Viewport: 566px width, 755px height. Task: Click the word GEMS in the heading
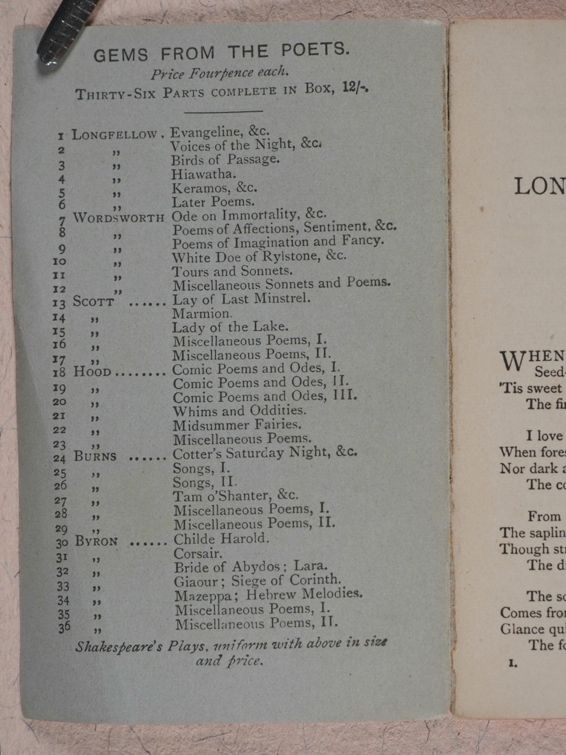click(x=121, y=55)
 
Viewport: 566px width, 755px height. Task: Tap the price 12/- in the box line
click(x=355, y=88)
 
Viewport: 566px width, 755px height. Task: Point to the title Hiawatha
click(x=203, y=174)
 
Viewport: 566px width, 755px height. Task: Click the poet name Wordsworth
click(x=119, y=218)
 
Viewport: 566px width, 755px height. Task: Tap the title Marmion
click(x=201, y=314)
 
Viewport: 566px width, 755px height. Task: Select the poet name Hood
click(x=92, y=372)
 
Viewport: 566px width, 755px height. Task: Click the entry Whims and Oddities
click(x=239, y=411)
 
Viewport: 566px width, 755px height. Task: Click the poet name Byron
click(x=96, y=541)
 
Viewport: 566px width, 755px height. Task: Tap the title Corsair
click(x=198, y=554)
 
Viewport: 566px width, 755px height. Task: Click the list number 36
click(x=64, y=627)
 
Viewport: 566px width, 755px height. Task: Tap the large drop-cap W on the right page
click(x=512, y=361)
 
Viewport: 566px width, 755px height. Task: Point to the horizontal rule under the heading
click(x=223, y=111)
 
